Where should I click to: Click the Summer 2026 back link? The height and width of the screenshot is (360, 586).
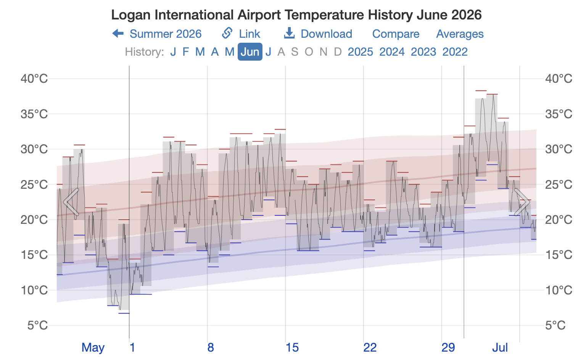click(157, 34)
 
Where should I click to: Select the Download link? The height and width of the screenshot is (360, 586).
click(318, 34)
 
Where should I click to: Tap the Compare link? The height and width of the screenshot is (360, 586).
click(396, 34)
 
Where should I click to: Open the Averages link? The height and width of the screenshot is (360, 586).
click(460, 34)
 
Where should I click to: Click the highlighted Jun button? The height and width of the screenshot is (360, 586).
click(250, 52)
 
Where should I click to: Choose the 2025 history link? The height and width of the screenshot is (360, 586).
click(360, 52)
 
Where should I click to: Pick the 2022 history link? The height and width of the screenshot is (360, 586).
click(455, 52)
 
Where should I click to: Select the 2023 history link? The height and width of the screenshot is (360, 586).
click(423, 52)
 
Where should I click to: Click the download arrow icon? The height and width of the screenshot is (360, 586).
click(289, 33)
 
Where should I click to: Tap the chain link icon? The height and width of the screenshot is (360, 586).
click(227, 33)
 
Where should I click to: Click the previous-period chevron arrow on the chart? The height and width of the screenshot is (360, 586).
click(71, 202)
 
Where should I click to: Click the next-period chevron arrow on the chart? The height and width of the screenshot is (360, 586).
click(522, 202)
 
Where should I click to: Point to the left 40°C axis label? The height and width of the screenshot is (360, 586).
click(34, 79)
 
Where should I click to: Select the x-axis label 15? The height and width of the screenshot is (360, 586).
click(292, 348)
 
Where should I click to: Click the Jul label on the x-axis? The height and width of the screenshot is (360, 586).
click(500, 348)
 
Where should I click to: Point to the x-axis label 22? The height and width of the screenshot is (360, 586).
click(370, 348)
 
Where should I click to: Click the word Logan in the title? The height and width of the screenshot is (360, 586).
click(131, 15)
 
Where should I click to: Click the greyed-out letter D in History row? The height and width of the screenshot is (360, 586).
click(338, 52)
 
